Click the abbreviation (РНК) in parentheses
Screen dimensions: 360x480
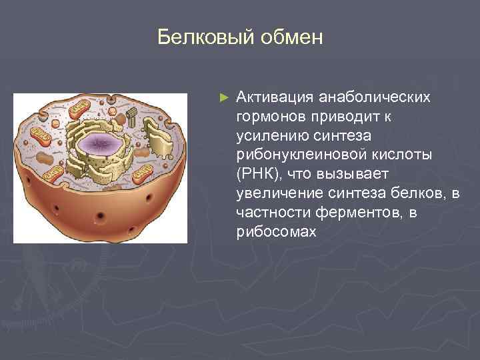click(x=256, y=174)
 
